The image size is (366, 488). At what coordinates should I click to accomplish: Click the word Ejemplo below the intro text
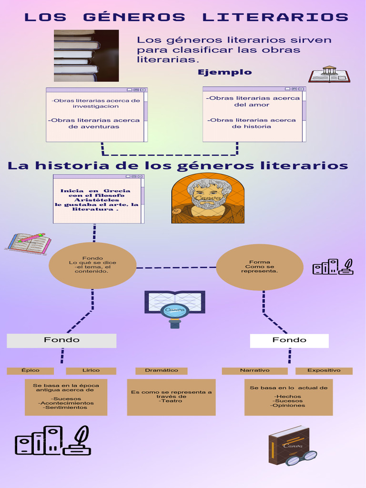[x=224, y=72]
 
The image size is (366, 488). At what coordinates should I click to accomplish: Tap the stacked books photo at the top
[x=86, y=55]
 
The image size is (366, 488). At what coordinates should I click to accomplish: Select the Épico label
[x=30, y=370]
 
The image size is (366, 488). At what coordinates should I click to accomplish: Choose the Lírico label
[x=91, y=370]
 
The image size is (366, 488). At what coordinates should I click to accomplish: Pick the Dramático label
[x=161, y=370]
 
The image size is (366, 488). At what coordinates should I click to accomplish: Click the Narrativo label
[x=254, y=370]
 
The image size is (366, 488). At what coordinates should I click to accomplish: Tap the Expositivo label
[x=324, y=370]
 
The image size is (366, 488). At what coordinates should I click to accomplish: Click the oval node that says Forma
[x=260, y=267]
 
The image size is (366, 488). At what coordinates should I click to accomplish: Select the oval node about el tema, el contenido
[x=92, y=265]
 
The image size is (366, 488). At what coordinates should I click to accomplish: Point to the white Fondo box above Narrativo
[x=289, y=340]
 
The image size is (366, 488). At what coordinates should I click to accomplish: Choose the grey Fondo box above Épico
[x=61, y=340]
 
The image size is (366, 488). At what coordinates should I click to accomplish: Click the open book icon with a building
[x=329, y=74]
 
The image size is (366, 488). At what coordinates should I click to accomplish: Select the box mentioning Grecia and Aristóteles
[x=98, y=199]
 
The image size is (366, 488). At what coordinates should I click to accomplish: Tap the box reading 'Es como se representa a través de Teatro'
[x=171, y=396]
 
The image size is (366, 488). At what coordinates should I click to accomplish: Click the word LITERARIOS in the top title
[x=275, y=18]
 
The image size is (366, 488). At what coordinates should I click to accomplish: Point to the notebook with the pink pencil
[x=29, y=243]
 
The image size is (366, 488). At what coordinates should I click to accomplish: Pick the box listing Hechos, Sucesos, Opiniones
[x=288, y=397]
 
